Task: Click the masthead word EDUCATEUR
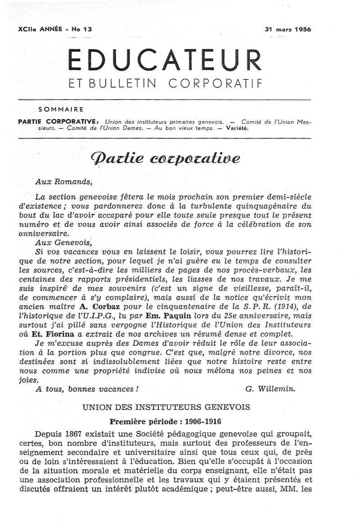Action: pyautogui.click(x=164, y=59)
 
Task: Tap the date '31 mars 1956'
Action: pyautogui.click(x=288, y=29)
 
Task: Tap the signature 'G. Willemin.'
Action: pyautogui.click(x=271, y=389)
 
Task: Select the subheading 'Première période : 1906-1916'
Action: pyautogui.click(x=166, y=422)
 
